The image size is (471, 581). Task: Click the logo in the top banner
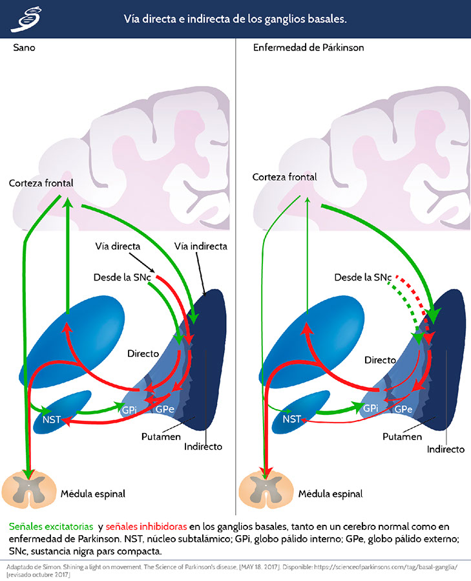[26, 19]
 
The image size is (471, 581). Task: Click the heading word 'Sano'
[24, 48]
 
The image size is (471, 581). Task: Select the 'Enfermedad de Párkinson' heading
[308, 48]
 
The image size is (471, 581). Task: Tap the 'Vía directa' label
[118, 246]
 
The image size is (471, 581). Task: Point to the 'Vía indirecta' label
[201, 246]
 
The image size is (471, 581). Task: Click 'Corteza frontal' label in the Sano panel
[41, 183]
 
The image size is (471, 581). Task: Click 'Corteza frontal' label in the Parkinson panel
[284, 177]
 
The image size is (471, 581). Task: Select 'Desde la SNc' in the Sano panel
[122, 277]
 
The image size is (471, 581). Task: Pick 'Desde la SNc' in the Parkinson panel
[363, 277]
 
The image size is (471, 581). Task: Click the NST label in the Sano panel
[52, 420]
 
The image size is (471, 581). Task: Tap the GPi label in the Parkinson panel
[371, 408]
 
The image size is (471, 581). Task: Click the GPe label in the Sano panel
[165, 410]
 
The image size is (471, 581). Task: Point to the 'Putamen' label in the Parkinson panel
[402, 437]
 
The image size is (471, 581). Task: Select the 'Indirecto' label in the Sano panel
[203, 447]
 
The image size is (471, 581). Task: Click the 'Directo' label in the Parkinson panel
[380, 360]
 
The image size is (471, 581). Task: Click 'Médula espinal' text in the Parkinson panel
[331, 494]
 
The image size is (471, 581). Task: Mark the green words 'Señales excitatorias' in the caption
[51, 527]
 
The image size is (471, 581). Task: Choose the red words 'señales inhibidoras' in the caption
[146, 527]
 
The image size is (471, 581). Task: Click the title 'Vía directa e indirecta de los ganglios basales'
[235, 19]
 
